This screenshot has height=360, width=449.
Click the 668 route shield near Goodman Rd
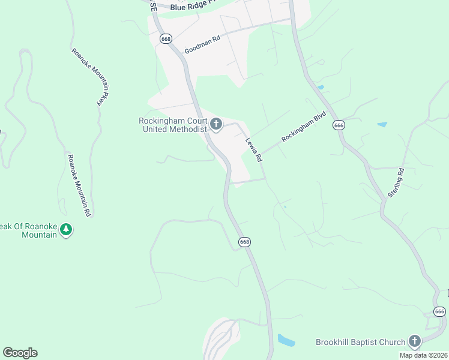pos(166,38)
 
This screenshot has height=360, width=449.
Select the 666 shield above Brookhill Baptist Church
pos(440,311)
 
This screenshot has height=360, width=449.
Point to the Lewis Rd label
pos(254,150)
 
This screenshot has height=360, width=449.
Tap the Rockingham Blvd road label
pos(304,127)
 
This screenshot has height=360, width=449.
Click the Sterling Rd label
pos(396,183)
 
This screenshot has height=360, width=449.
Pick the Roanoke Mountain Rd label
pos(79,185)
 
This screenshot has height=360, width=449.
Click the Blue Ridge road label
pos(192,7)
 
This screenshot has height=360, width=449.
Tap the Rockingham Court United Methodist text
pos(172,124)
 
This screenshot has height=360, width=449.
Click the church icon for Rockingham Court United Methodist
pos(216,125)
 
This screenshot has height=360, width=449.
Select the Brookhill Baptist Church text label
pos(361,343)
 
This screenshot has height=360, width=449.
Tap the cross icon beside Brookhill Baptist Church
pos(414,342)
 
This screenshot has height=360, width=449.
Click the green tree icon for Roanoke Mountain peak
pos(66,229)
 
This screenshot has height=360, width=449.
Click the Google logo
pos(20,352)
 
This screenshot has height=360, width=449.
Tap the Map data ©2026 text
pos(423,355)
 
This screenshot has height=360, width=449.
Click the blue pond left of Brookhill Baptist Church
pos(286,341)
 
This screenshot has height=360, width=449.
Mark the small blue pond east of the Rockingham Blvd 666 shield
pos(382,125)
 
